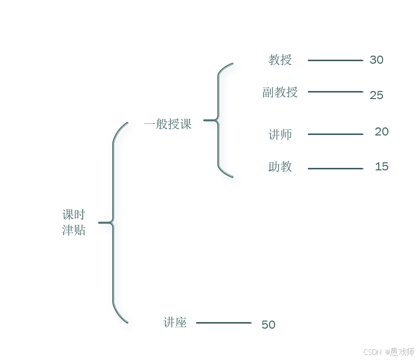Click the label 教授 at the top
[x=280, y=60]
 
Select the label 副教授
[x=280, y=92]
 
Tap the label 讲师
[x=280, y=134]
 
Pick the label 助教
[x=280, y=167]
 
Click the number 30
[x=377, y=60]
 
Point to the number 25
[x=377, y=95]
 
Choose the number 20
[x=382, y=132]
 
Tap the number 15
[x=382, y=167]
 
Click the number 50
[x=268, y=325]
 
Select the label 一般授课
[x=168, y=124]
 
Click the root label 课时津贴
[x=74, y=222]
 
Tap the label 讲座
[x=175, y=323]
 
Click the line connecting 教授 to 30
[x=335, y=61]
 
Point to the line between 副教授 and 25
[x=335, y=92]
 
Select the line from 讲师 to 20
[x=335, y=134]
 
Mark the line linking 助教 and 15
[x=335, y=168]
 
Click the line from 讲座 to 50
[x=223, y=323]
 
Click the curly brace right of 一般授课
[x=218, y=120]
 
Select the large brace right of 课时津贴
[x=113, y=222]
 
